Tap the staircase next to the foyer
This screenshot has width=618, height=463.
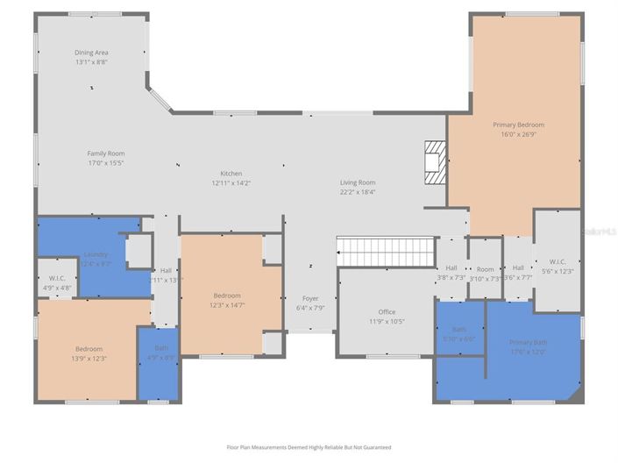click(386, 252)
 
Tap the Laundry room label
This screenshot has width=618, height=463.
click(96, 260)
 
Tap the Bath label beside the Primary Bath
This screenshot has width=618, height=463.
click(458, 333)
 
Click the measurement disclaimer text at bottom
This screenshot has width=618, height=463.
click(309, 447)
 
